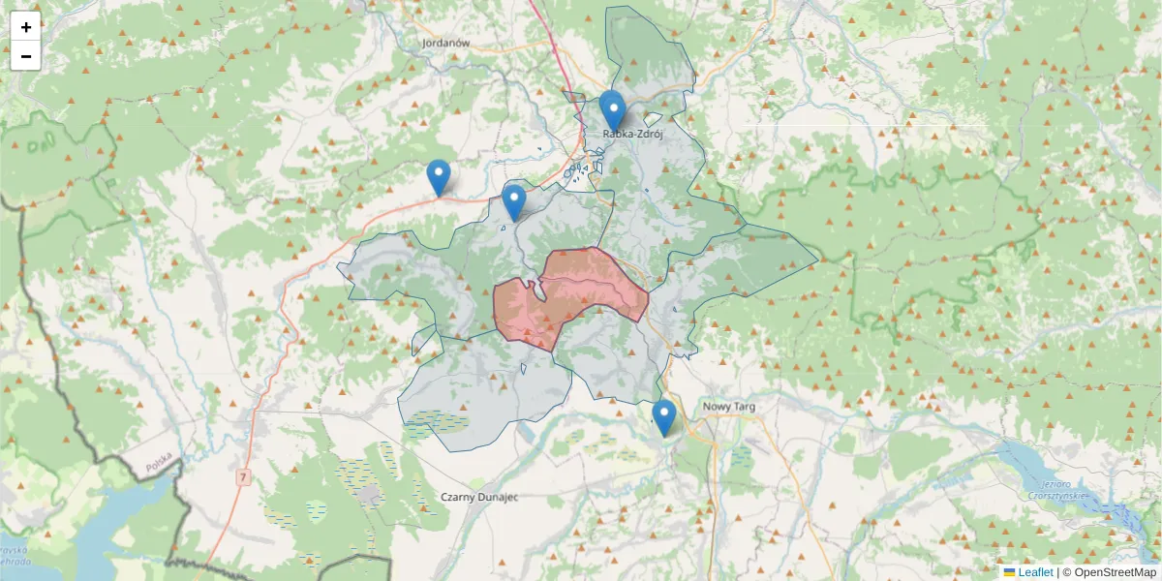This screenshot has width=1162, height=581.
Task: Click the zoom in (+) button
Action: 26,27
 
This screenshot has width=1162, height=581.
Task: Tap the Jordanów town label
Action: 445,44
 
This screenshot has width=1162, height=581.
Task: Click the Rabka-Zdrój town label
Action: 630,135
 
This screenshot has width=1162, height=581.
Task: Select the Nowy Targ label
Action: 729,407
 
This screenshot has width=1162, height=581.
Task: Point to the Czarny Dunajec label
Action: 479,497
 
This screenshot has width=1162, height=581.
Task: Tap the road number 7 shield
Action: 243,476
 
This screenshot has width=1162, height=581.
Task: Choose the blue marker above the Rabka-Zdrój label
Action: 612,109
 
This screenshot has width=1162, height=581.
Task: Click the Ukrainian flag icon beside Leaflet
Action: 1009,572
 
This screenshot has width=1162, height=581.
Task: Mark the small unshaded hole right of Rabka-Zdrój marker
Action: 653,120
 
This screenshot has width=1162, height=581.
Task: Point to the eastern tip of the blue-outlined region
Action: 818,260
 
